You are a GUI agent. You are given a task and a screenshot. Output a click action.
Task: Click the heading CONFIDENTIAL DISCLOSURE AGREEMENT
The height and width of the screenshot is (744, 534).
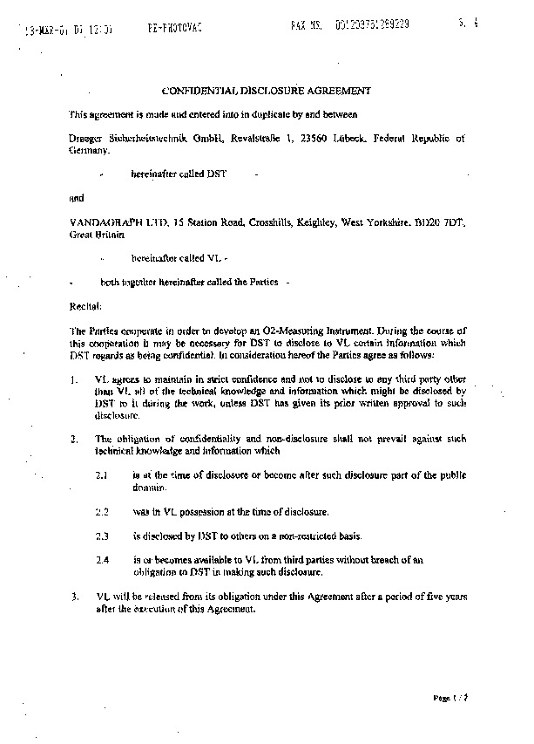[267, 89]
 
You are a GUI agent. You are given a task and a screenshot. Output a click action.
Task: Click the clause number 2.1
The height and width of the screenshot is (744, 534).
[102, 474]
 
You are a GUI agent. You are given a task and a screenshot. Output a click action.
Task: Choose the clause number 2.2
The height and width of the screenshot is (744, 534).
[102, 510]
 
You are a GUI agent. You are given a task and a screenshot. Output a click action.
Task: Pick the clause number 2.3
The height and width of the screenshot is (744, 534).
[102, 535]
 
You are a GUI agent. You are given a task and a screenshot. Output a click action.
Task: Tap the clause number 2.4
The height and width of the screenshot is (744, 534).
[102, 559]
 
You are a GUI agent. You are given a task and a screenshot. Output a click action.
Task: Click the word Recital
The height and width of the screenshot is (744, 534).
[84, 307]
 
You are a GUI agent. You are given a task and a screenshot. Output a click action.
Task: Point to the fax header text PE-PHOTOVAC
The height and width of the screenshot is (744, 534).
[174, 28]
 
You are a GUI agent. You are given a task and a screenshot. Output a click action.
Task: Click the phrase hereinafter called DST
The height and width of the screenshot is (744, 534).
[178, 174]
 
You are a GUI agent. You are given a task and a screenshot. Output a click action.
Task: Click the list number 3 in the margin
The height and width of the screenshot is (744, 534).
[74, 597]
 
